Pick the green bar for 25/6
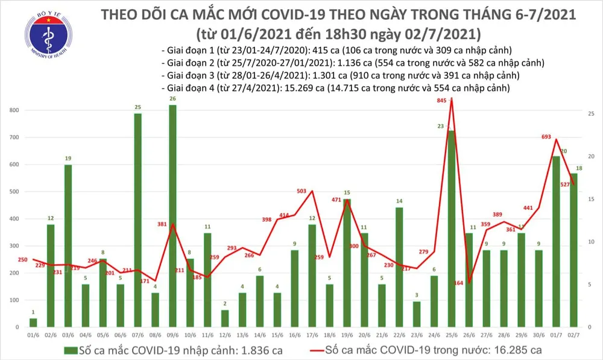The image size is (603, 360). pyautogui.click(x=450, y=229)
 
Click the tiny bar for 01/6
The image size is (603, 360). pyautogui.click(x=33, y=323)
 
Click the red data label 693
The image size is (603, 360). pyautogui.click(x=547, y=137)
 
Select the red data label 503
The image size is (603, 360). pyautogui.click(x=302, y=191)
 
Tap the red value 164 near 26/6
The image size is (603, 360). pyautogui.click(x=458, y=283)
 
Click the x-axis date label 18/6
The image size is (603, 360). pyautogui.click(x=329, y=335)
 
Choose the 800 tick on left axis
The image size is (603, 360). pyautogui.click(x=13, y=111)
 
